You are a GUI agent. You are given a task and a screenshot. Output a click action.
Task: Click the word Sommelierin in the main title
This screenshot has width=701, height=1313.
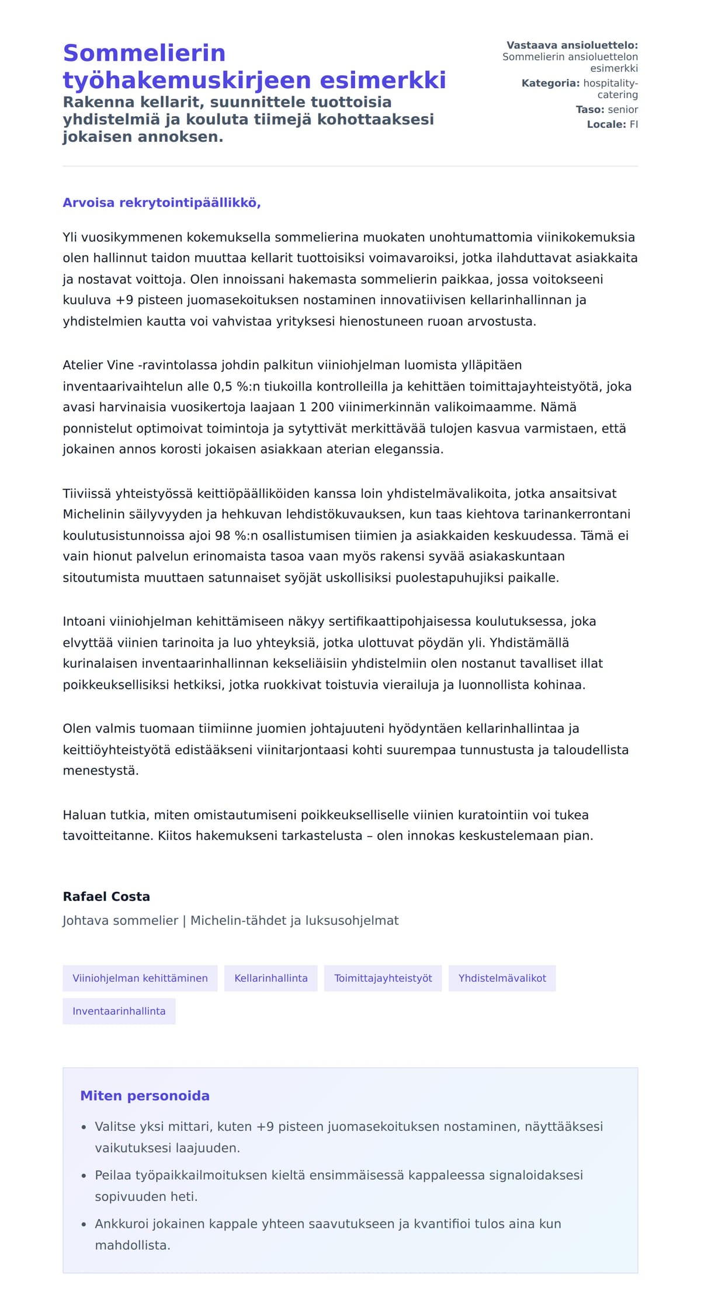(x=144, y=53)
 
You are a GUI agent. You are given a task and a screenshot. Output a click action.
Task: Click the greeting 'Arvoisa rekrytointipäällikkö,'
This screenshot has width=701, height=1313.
(x=162, y=203)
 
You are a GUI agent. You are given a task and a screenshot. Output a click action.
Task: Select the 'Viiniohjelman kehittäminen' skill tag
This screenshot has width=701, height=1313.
(x=140, y=978)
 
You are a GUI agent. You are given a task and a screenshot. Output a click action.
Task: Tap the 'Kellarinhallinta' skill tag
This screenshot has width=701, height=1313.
(x=271, y=978)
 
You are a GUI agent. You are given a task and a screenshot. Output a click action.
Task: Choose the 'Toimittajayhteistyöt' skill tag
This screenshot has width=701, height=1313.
(x=383, y=978)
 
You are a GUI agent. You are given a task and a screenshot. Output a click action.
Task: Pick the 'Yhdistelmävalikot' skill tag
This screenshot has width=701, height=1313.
(x=502, y=978)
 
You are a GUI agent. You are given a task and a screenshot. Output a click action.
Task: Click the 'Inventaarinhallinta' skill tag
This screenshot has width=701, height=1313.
(x=119, y=1011)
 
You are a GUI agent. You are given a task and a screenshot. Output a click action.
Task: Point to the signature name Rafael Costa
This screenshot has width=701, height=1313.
(x=106, y=896)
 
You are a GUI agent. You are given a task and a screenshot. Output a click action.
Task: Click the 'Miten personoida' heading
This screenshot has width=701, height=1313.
(x=145, y=1095)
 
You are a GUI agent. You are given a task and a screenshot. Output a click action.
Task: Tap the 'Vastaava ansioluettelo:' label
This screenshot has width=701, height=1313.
(x=572, y=45)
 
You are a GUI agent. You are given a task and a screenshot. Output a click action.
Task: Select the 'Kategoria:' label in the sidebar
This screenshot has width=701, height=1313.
(x=550, y=83)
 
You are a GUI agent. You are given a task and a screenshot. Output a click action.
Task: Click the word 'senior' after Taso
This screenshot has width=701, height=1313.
(x=623, y=109)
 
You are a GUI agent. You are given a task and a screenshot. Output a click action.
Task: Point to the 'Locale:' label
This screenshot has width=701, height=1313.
(x=606, y=124)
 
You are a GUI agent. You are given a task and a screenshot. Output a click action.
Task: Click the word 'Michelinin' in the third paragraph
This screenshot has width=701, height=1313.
(x=91, y=514)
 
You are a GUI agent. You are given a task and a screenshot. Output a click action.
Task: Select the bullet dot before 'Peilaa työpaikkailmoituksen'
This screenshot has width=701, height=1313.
(x=84, y=1175)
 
